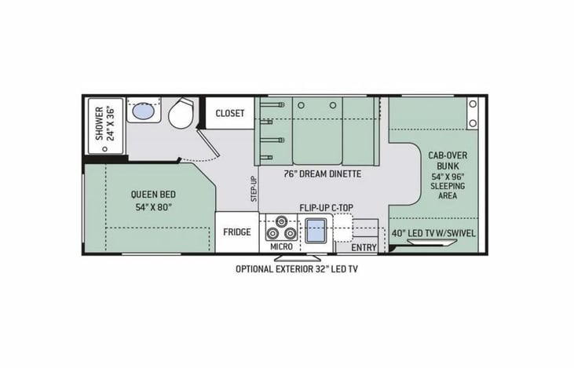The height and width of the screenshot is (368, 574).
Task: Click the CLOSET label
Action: pyautogui.click(x=229, y=114)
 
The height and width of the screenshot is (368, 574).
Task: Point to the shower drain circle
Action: pyautogui.click(x=105, y=149)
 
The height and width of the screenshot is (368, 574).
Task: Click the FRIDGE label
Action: pyautogui.click(x=237, y=232)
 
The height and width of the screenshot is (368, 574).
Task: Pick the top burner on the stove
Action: pyautogui.click(x=281, y=221)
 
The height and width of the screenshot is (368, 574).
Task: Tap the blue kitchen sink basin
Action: pyautogui.click(x=316, y=231)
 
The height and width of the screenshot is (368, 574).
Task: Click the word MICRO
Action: pyautogui.click(x=281, y=247)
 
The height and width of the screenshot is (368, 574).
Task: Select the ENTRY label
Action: pyautogui.click(x=364, y=248)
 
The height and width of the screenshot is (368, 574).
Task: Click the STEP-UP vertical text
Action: pyautogui.click(x=254, y=189)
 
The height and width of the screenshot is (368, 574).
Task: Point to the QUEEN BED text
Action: pyautogui.click(x=153, y=195)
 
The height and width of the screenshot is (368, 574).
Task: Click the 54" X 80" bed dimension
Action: pyautogui.click(x=154, y=207)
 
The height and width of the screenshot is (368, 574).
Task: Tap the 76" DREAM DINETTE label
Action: pyautogui.click(x=323, y=173)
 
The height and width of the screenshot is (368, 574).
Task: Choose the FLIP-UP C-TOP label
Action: pyautogui.click(x=327, y=208)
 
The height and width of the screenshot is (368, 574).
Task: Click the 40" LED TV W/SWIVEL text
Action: pyautogui.click(x=433, y=233)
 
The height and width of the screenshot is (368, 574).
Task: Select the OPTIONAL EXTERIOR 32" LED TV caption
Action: pyautogui.click(x=297, y=269)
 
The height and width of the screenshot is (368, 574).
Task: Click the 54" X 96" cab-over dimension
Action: pyautogui.click(x=448, y=177)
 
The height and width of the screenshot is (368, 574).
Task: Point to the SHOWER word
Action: pyautogui.click(x=99, y=124)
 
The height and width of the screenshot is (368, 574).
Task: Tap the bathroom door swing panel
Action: pyautogui.click(x=208, y=142)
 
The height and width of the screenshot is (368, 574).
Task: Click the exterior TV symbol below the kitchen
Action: pyautogui.click(x=300, y=257)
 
